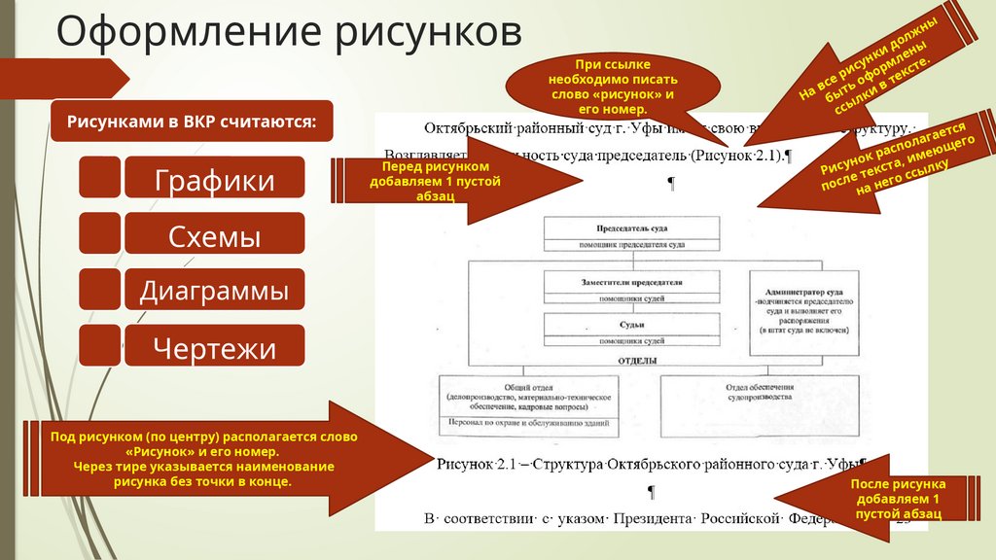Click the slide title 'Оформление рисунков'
tap(288, 32)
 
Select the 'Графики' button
tap(214, 180)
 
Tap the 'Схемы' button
tap(214, 235)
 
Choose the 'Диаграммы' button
tap(214, 291)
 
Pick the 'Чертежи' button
tap(214, 347)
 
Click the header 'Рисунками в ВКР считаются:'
tap(191, 122)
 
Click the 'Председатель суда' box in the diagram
tap(631, 227)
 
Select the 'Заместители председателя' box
tap(631, 283)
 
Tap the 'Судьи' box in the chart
tap(631, 324)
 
